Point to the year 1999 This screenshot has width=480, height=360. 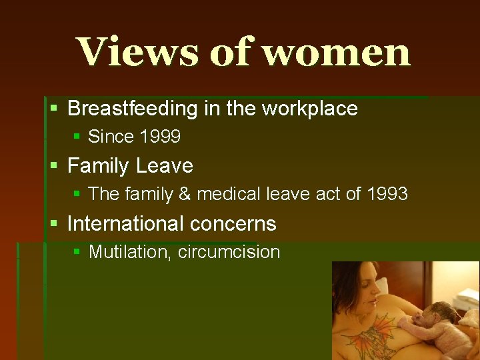tap(161, 137)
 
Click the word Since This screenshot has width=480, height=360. tap(111, 137)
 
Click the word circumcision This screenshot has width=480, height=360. tap(229, 252)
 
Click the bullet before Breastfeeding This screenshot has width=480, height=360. tap(54, 108)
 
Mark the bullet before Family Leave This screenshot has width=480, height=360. tap(54, 165)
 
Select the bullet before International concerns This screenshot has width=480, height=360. tap(54, 223)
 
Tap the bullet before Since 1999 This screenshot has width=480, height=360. tap(77, 137)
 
